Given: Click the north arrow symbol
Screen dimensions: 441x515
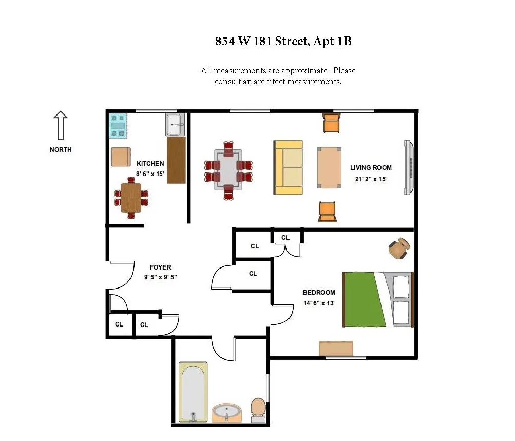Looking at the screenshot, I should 61,125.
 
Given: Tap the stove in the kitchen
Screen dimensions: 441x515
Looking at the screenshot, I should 118,126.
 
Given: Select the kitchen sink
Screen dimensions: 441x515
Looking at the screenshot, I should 175,124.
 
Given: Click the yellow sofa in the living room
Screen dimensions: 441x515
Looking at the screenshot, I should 288,167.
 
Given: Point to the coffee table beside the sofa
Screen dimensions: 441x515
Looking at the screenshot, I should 329,168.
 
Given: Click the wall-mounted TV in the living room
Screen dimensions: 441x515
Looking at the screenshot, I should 408,167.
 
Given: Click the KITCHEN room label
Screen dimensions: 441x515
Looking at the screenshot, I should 150,164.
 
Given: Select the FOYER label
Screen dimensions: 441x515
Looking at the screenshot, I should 160,267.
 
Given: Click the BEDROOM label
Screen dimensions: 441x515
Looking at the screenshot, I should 319,293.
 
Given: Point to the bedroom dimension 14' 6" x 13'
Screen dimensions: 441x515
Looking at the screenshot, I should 319,303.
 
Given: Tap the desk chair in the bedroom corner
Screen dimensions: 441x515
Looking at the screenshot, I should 399,248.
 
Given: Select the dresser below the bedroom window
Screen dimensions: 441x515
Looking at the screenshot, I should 336,349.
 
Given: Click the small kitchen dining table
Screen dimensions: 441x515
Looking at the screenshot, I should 131,198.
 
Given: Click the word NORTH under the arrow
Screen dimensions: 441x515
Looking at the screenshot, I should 61,150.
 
